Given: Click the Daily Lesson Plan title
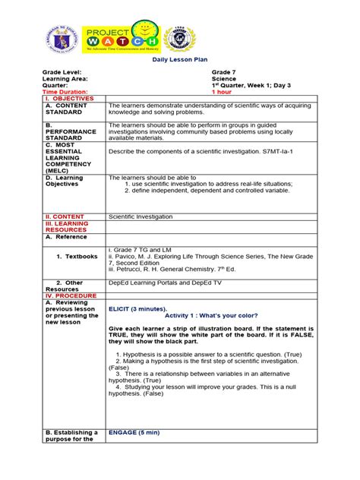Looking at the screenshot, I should (180, 58).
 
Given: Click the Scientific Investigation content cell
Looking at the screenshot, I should (144, 216).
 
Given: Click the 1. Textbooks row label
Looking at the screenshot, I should (77, 257).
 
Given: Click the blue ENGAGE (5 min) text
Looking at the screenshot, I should (134, 432).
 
